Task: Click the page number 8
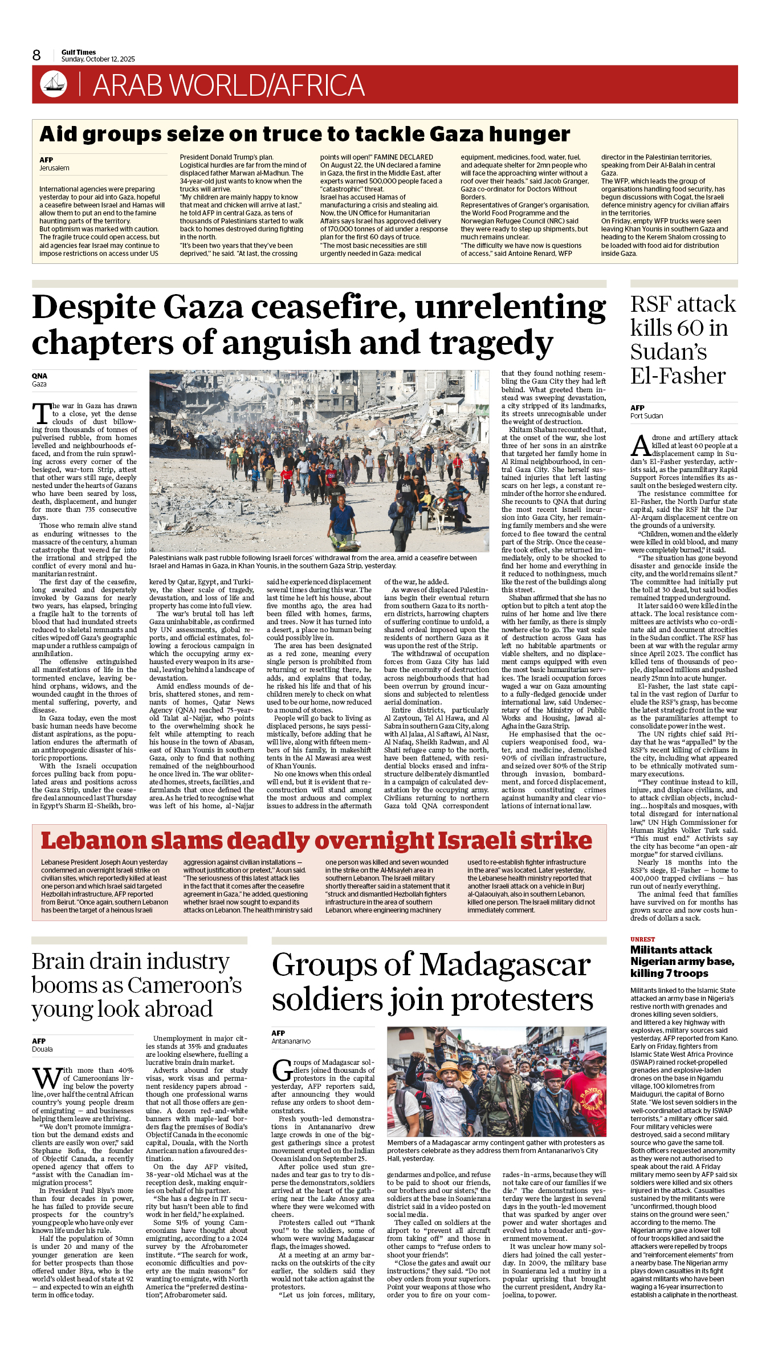point(36,55)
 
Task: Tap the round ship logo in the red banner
point(54,84)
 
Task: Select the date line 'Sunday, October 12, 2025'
point(98,59)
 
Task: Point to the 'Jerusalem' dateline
point(54,168)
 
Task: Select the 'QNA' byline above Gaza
point(39,376)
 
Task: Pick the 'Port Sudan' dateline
point(646,416)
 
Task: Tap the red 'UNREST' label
point(642,939)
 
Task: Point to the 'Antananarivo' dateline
point(291,1041)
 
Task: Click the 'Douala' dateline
point(42,1049)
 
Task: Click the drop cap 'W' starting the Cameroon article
point(46,1078)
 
